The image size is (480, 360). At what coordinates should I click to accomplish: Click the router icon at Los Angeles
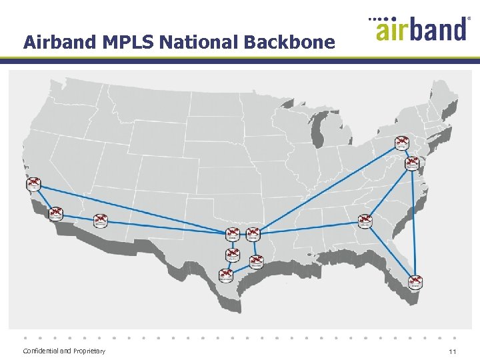click(x=34, y=183)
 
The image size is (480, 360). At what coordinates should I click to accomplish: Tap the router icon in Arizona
click(x=101, y=219)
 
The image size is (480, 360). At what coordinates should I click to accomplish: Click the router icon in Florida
click(x=415, y=281)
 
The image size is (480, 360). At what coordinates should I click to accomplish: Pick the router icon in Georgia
click(x=364, y=219)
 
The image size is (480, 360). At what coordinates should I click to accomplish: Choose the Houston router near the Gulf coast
click(x=256, y=261)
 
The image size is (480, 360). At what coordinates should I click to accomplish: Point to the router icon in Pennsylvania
click(x=401, y=142)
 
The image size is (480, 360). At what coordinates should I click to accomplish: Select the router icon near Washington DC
click(x=413, y=162)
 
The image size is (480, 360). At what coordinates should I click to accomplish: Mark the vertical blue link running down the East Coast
click(x=414, y=220)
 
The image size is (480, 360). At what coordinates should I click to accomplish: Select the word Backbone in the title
click(x=289, y=43)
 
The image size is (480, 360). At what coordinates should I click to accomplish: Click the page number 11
click(x=452, y=351)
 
